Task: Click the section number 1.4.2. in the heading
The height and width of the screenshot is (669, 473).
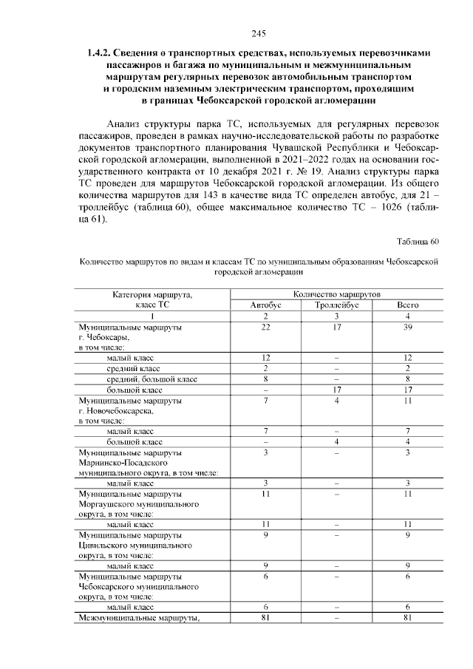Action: tap(99, 53)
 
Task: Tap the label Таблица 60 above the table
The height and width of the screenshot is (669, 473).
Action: tap(418, 241)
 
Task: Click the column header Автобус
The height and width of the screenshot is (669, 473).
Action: tap(265, 305)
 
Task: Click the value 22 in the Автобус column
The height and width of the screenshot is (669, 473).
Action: tap(265, 326)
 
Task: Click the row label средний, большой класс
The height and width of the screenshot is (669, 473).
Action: tap(152, 378)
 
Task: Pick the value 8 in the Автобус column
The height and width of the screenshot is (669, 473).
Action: tap(265, 378)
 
